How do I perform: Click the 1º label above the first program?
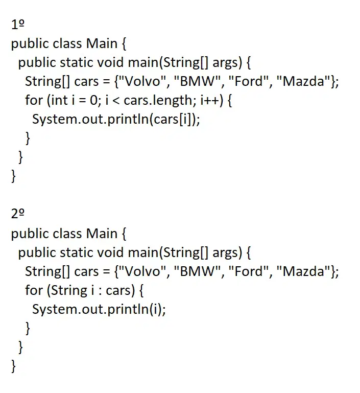[x=18, y=25]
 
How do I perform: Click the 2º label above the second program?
[x=18, y=214]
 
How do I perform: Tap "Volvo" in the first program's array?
[x=142, y=81]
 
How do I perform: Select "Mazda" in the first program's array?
[x=303, y=81]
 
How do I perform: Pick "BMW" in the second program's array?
[x=198, y=271]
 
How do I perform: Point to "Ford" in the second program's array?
[x=249, y=271]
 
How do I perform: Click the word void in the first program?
[x=110, y=62]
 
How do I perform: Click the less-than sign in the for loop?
[x=116, y=101]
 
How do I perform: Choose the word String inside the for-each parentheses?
[x=69, y=291]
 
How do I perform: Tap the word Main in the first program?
[x=102, y=43]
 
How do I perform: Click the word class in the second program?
[x=67, y=234]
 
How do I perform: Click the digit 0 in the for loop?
[x=93, y=100]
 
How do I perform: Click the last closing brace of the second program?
[x=13, y=366]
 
